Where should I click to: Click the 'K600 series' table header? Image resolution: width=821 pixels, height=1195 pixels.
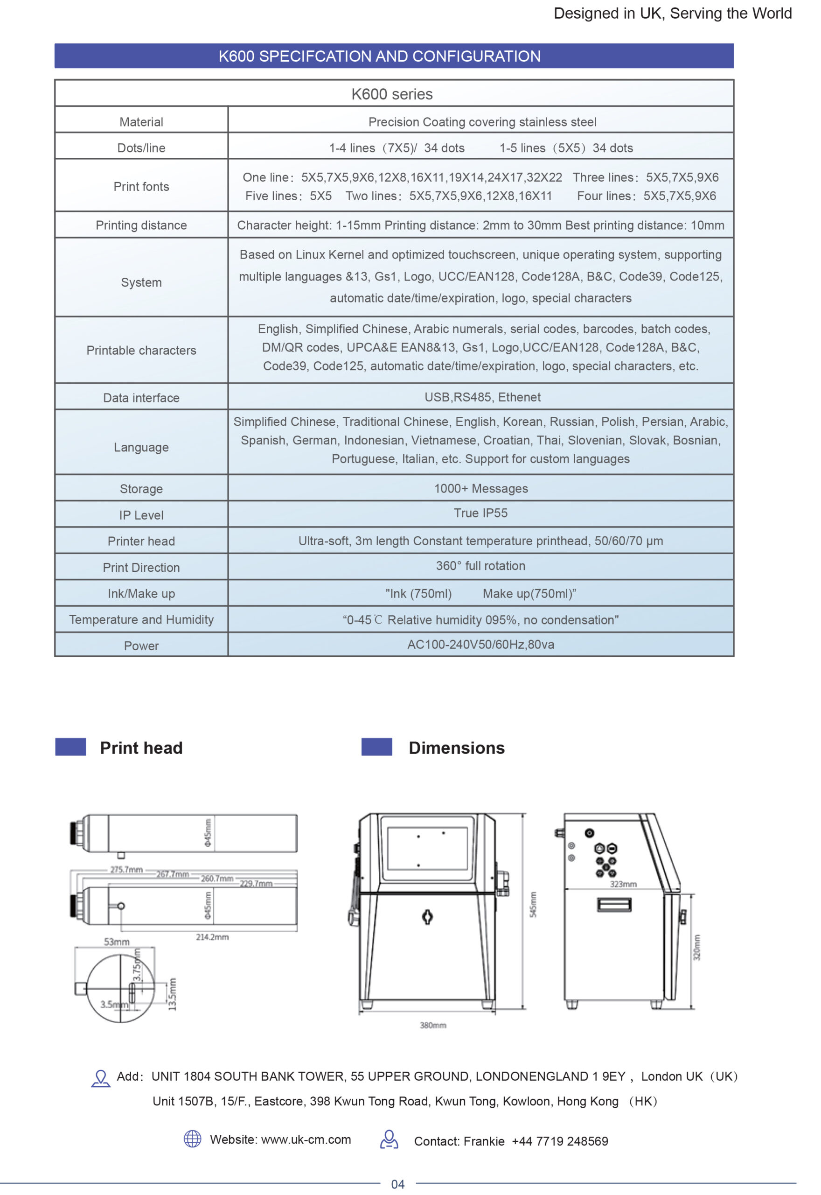[x=392, y=94]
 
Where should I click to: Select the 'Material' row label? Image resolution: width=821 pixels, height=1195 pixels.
[x=141, y=122]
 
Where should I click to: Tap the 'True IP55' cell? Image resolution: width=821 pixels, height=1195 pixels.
[x=480, y=513]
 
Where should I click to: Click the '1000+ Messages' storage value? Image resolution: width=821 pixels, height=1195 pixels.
[x=480, y=488]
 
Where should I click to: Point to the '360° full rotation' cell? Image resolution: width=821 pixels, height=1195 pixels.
[x=480, y=566]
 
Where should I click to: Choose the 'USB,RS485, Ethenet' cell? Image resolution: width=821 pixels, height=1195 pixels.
[x=482, y=397]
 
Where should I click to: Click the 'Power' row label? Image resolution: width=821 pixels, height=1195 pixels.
[x=141, y=646]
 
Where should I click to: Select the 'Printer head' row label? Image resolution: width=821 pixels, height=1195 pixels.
[x=141, y=541]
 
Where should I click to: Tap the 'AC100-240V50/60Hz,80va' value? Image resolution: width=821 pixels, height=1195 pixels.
[x=480, y=644]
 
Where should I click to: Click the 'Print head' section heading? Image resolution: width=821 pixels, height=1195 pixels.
[x=141, y=748]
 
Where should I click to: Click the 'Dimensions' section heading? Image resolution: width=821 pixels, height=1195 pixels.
[x=456, y=748]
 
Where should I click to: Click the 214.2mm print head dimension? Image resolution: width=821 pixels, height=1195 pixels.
[x=212, y=937]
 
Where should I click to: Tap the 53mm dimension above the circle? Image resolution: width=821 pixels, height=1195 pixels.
[x=117, y=942]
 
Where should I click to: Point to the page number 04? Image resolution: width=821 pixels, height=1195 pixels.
[x=397, y=1184]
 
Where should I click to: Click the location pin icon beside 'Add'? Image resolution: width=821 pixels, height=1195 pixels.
[x=101, y=1078]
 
